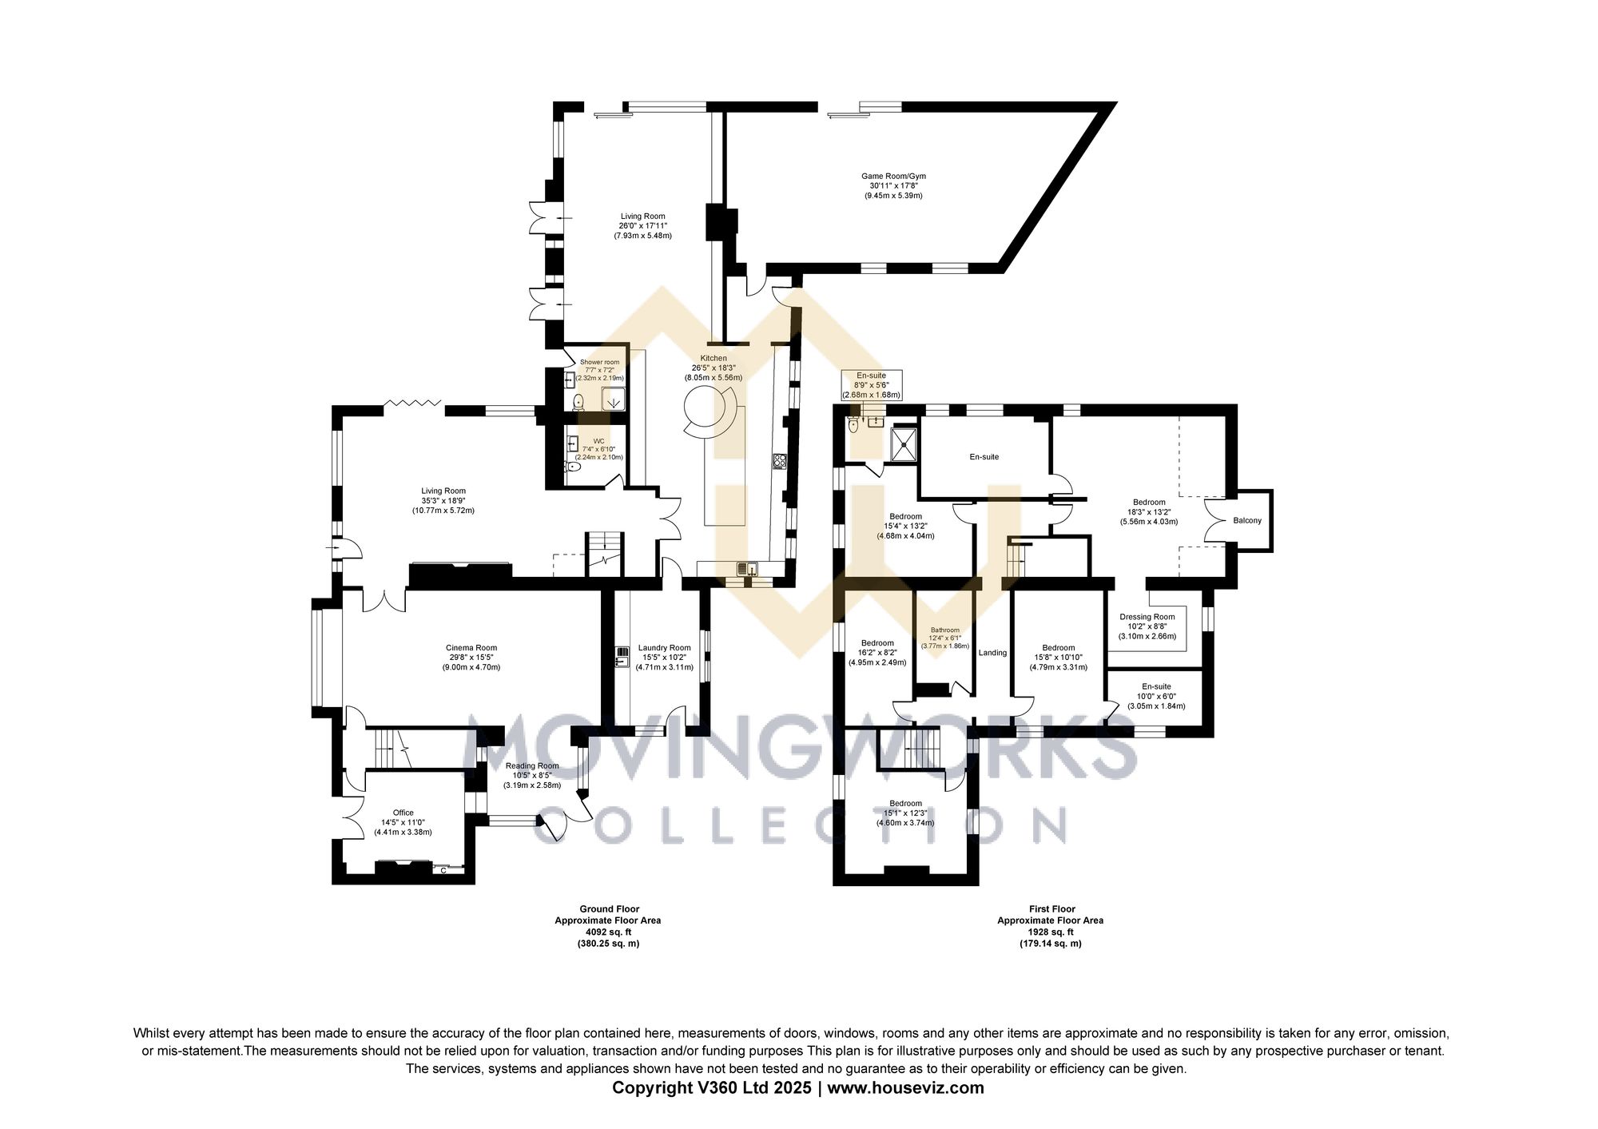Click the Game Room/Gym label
[893, 185]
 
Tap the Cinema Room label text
[471, 657]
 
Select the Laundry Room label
[664, 657]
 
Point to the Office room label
[403, 821]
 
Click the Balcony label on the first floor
[1247, 520]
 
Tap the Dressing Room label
[1147, 626]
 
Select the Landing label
[992, 653]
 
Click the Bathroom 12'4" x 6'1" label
[944, 638]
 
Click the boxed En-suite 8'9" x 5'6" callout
[871, 384]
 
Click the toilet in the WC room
[572, 467]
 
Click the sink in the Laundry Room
[622, 658]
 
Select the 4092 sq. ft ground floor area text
[608, 932]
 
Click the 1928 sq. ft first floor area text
[1050, 932]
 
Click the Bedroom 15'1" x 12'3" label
[905, 813]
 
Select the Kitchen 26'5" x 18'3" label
[713, 368]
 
